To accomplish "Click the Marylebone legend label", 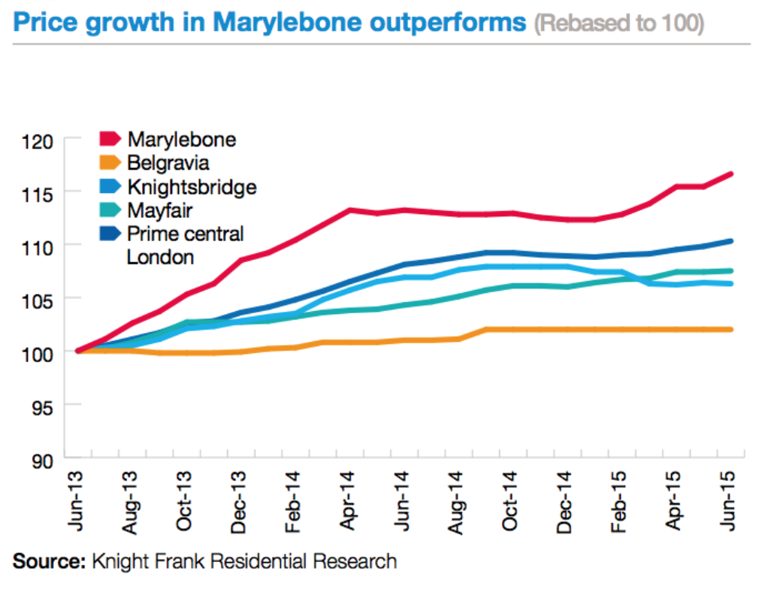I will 182,139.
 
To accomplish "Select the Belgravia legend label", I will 168,162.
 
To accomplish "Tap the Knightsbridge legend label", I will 192,186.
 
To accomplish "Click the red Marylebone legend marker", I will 110,139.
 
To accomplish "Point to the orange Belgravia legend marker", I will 110,162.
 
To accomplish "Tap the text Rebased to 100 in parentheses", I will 618,23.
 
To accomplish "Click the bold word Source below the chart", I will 47,560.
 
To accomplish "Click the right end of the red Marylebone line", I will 732,174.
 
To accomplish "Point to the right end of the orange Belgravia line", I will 732,329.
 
